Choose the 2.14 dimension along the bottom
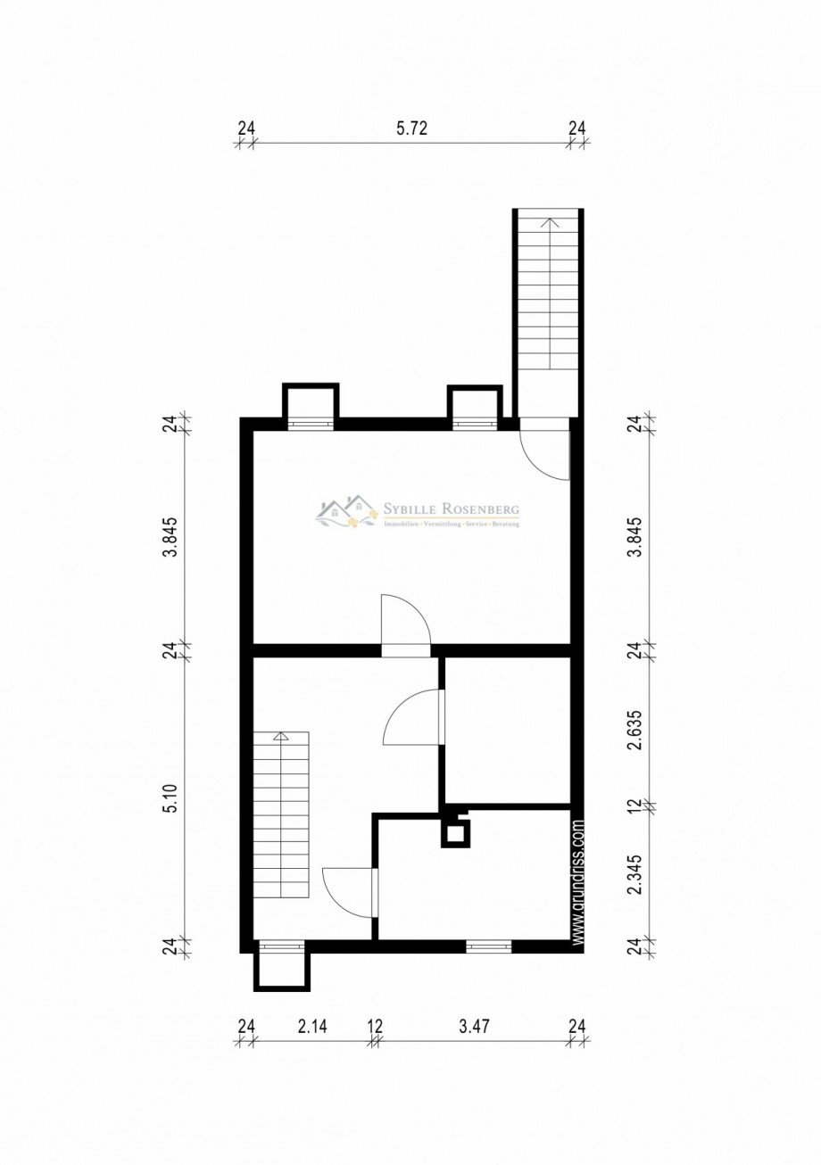click(x=311, y=1027)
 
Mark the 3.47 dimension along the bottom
click(x=474, y=1027)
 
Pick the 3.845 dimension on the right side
click(x=634, y=535)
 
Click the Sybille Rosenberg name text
click(x=451, y=509)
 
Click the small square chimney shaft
click(x=455, y=833)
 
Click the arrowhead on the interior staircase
click(x=281, y=737)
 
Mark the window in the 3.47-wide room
click(x=488, y=946)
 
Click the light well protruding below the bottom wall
click(x=281, y=968)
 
